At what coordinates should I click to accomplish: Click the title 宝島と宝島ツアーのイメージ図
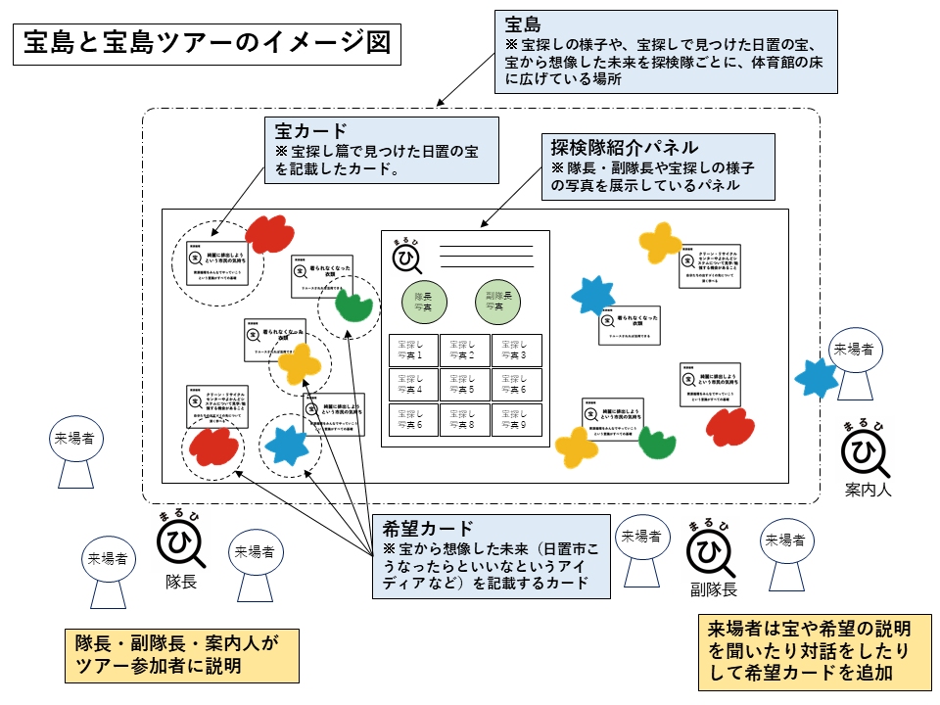pos(208,44)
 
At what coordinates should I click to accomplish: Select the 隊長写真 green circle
pos(423,302)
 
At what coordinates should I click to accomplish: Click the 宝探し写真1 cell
pos(413,350)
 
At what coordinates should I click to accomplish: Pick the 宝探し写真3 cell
pos(515,350)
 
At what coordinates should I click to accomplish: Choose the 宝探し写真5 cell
pos(464,384)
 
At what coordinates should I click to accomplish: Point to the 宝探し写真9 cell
pos(515,419)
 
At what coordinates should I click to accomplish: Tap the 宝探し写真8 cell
pos(464,419)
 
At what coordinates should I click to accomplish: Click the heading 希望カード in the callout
pos(427,528)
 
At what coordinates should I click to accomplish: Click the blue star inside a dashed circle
pos(288,445)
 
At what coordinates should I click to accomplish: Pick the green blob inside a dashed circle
pos(352,305)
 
